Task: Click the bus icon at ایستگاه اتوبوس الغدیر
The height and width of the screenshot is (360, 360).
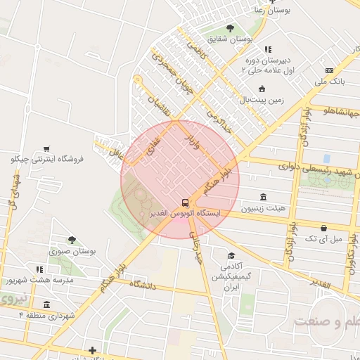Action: (x=185, y=201)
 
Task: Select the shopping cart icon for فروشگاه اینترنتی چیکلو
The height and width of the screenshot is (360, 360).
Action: (x=46, y=148)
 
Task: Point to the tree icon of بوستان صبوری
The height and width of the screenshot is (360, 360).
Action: (x=71, y=240)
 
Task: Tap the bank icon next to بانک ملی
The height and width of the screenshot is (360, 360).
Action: (x=329, y=71)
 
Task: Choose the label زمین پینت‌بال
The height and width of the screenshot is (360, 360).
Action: (x=262, y=101)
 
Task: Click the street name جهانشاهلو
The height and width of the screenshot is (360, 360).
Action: (x=341, y=111)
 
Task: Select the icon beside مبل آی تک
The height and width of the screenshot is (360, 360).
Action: (x=323, y=229)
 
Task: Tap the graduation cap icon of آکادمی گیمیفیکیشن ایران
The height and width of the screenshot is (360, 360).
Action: (x=231, y=256)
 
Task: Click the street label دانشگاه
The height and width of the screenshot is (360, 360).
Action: (x=141, y=285)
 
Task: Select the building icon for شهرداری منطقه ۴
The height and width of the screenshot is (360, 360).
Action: (x=46, y=304)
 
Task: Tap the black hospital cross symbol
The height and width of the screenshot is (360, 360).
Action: (x=92, y=349)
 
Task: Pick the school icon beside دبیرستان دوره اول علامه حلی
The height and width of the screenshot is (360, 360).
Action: (x=268, y=49)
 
